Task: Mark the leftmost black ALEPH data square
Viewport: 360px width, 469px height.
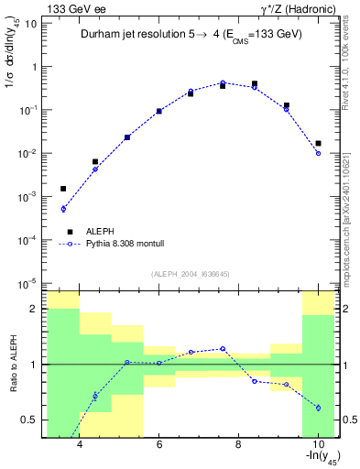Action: (x=63, y=189)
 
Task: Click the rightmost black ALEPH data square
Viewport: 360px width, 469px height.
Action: (x=318, y=143)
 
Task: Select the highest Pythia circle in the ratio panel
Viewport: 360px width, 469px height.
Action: (x=223, y=349)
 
